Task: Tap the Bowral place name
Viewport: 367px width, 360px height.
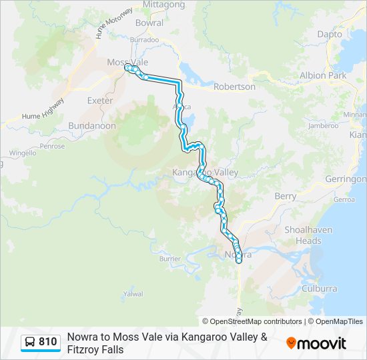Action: click(149, 23)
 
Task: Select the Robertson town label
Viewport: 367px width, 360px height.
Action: click(234, 87)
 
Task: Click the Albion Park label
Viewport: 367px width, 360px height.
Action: click(323, 75)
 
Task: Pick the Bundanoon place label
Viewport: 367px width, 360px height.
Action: click(92, 125)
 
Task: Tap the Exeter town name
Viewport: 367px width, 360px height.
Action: click(100, 101)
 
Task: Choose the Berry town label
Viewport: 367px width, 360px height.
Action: click(285, 196)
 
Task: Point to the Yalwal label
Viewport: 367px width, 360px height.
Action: click(133, 293)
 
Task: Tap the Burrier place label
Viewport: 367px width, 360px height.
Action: click(171, 259)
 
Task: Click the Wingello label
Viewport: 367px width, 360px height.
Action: click(23, 153)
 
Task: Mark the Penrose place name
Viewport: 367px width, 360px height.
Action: click(52, 146)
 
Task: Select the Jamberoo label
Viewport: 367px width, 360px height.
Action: click(324, 125)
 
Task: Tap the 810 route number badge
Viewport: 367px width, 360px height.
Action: click(41, 342)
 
